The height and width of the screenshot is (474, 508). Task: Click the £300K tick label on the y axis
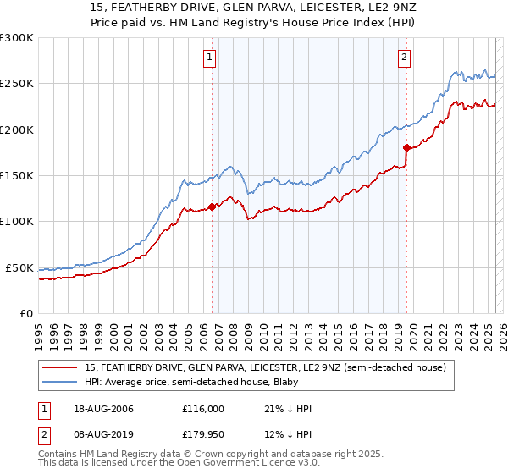pos(16,38)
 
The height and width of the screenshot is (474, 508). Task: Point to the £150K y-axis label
pos(16,176)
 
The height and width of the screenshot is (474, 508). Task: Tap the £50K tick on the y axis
pos(19,267)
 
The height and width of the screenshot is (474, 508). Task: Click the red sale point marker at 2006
pos(212,207)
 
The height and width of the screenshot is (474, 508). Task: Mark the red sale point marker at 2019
pos(406,148)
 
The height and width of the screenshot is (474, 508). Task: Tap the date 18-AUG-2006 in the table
pos(103,409)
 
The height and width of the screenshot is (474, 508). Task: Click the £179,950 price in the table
pos(203,436)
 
